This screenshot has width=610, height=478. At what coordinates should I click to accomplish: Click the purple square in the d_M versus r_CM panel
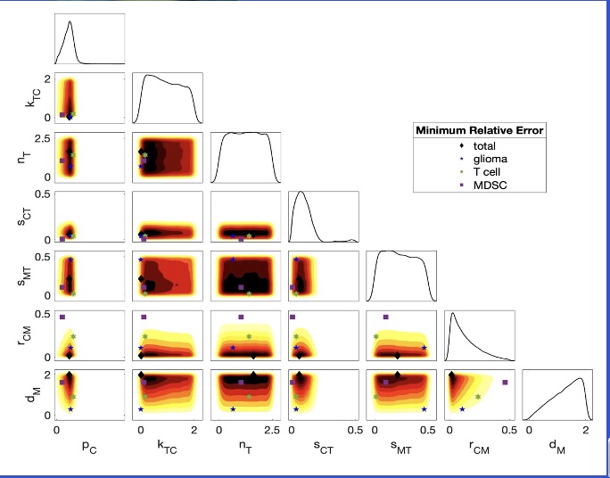click(x=506, y=382)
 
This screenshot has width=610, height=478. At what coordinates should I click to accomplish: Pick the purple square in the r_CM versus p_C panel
click(x=62, y=317)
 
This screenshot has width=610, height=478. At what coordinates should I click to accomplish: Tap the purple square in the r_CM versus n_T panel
click(x=241, y=317)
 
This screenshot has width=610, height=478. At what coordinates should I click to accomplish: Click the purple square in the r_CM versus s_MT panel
click(x=385, y=317)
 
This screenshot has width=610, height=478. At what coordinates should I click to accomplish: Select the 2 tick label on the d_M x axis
click(x=585, y=430)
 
